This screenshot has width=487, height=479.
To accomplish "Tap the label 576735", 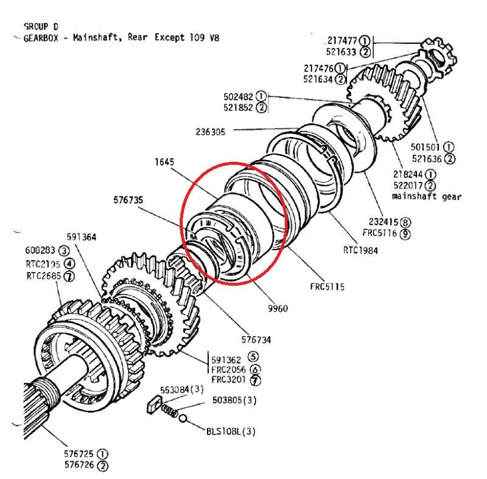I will click(129, 198).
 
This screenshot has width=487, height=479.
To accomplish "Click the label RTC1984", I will click(360, 250).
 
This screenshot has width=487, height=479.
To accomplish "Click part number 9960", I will click(277, 308).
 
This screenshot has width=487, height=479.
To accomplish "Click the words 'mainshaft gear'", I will click(427, 196).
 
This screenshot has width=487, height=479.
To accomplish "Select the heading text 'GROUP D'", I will click(41, 27).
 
